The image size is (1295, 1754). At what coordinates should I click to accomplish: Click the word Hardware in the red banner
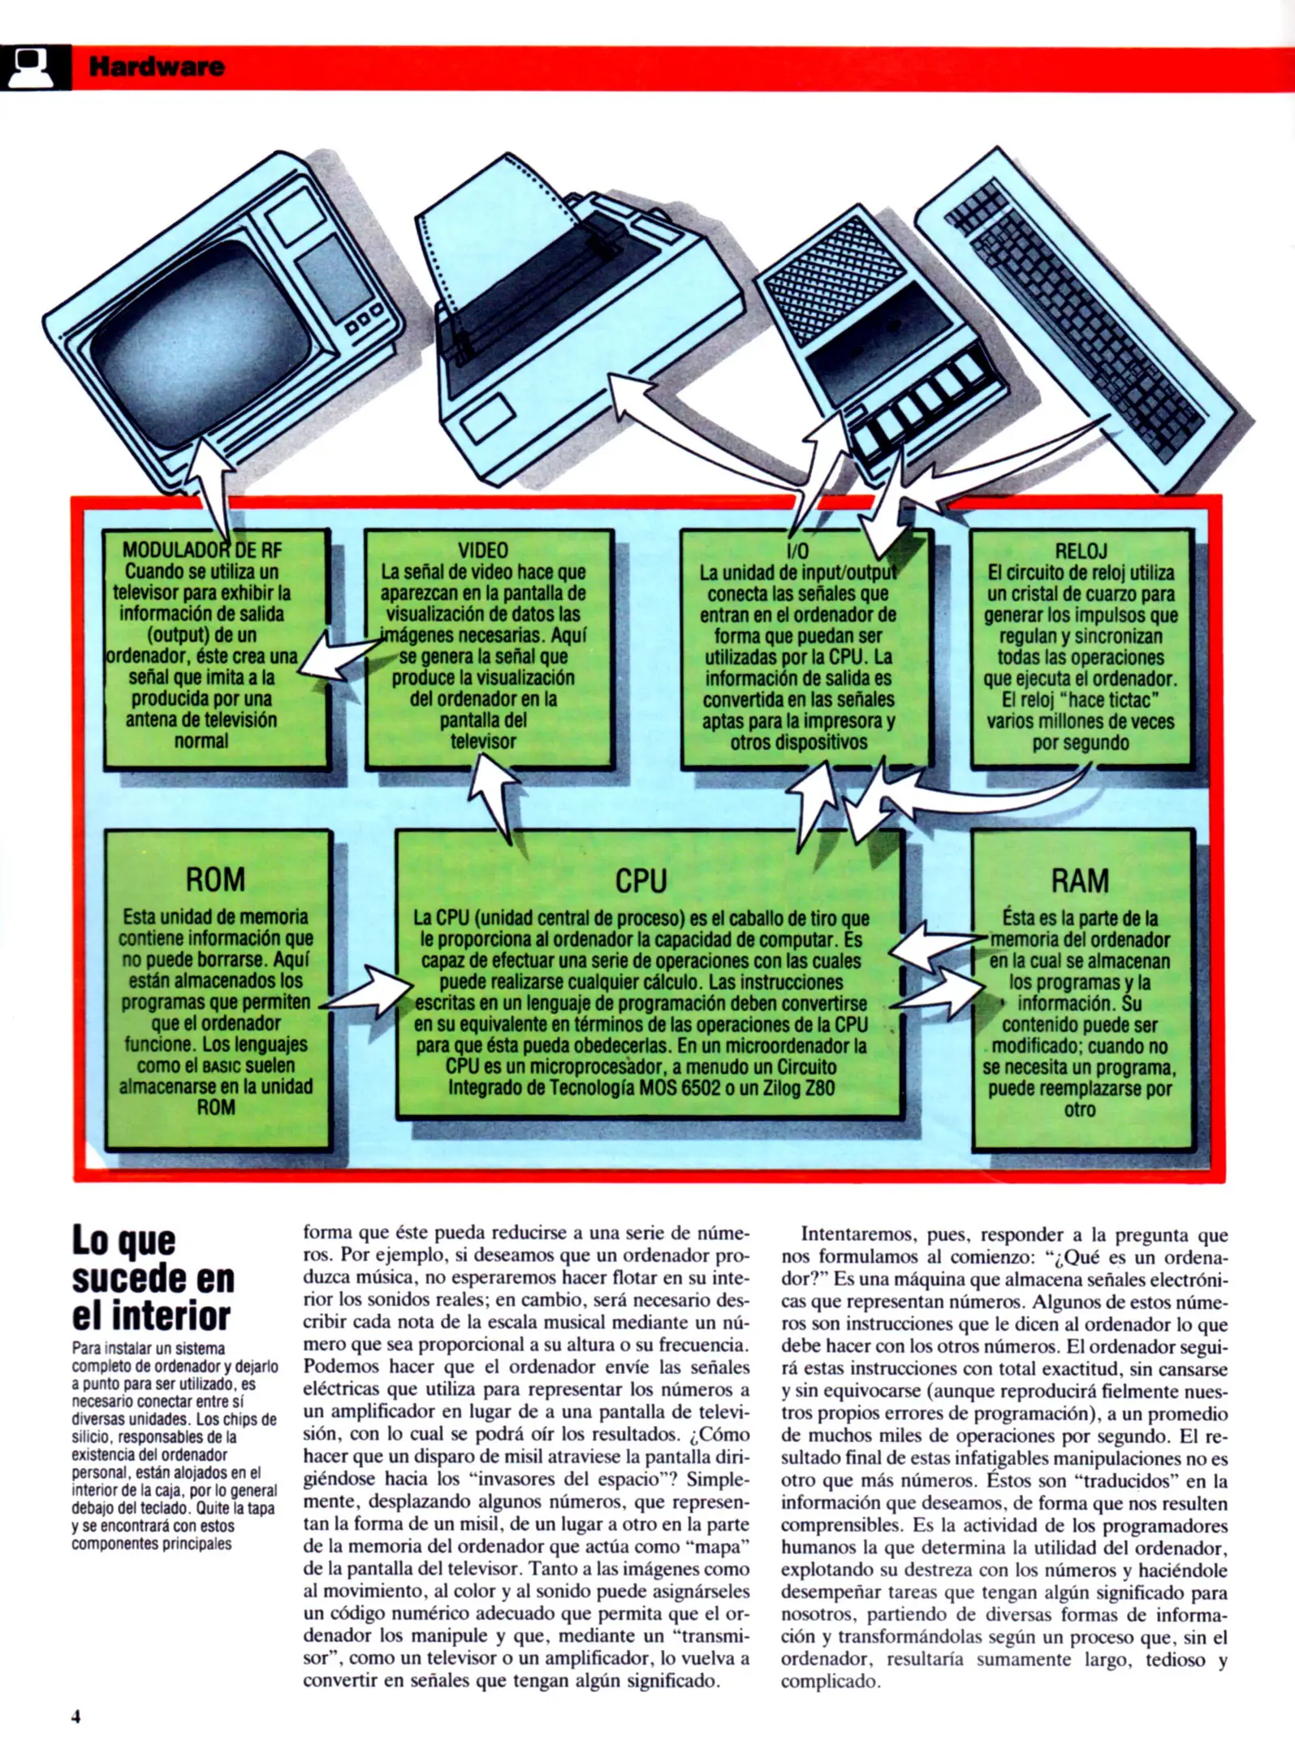point(157,67)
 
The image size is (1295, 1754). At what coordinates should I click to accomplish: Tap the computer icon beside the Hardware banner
point(34,67)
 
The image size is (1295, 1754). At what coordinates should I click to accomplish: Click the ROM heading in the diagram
point(215,879)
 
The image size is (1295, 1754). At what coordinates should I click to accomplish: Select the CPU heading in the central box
point(641,881)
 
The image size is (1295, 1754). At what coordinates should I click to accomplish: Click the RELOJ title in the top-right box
point(1081,551)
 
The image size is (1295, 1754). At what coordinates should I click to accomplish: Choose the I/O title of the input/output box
point(798,551)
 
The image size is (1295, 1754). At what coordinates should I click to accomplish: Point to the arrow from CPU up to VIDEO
point(494,796)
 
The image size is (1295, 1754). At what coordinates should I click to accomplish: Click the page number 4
point(76,1717)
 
